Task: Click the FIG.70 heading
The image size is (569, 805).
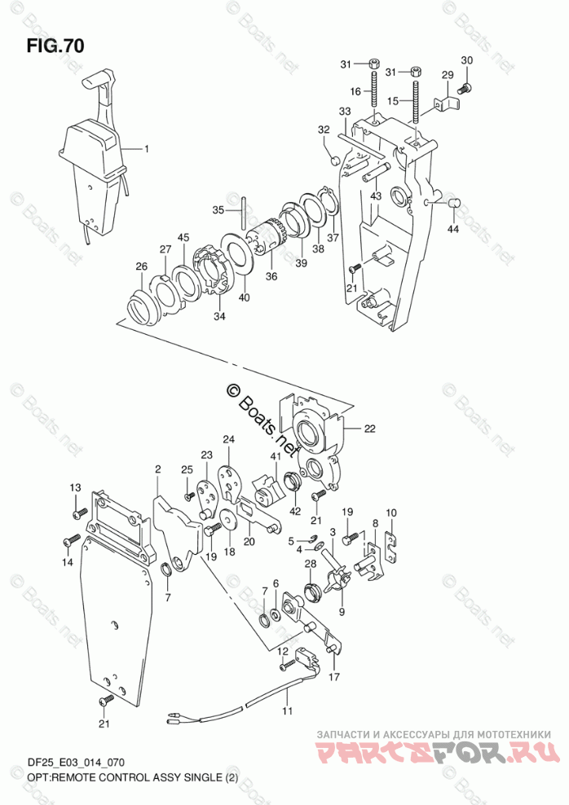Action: pos(54,46)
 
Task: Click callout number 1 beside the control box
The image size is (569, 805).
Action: pos(148,149)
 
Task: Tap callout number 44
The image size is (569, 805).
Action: pos(453,229)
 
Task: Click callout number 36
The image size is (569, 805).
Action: pos(271,276)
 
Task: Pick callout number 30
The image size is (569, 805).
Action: pos(466,60)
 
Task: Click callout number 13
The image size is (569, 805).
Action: pos(76,487)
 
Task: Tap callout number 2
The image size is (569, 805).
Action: pos(158,469)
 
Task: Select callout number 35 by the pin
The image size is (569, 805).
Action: pos(218,209)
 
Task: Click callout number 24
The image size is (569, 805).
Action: pos(229,440)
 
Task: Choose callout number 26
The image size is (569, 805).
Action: pos(141,266)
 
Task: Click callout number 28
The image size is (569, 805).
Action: pos(311,564)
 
